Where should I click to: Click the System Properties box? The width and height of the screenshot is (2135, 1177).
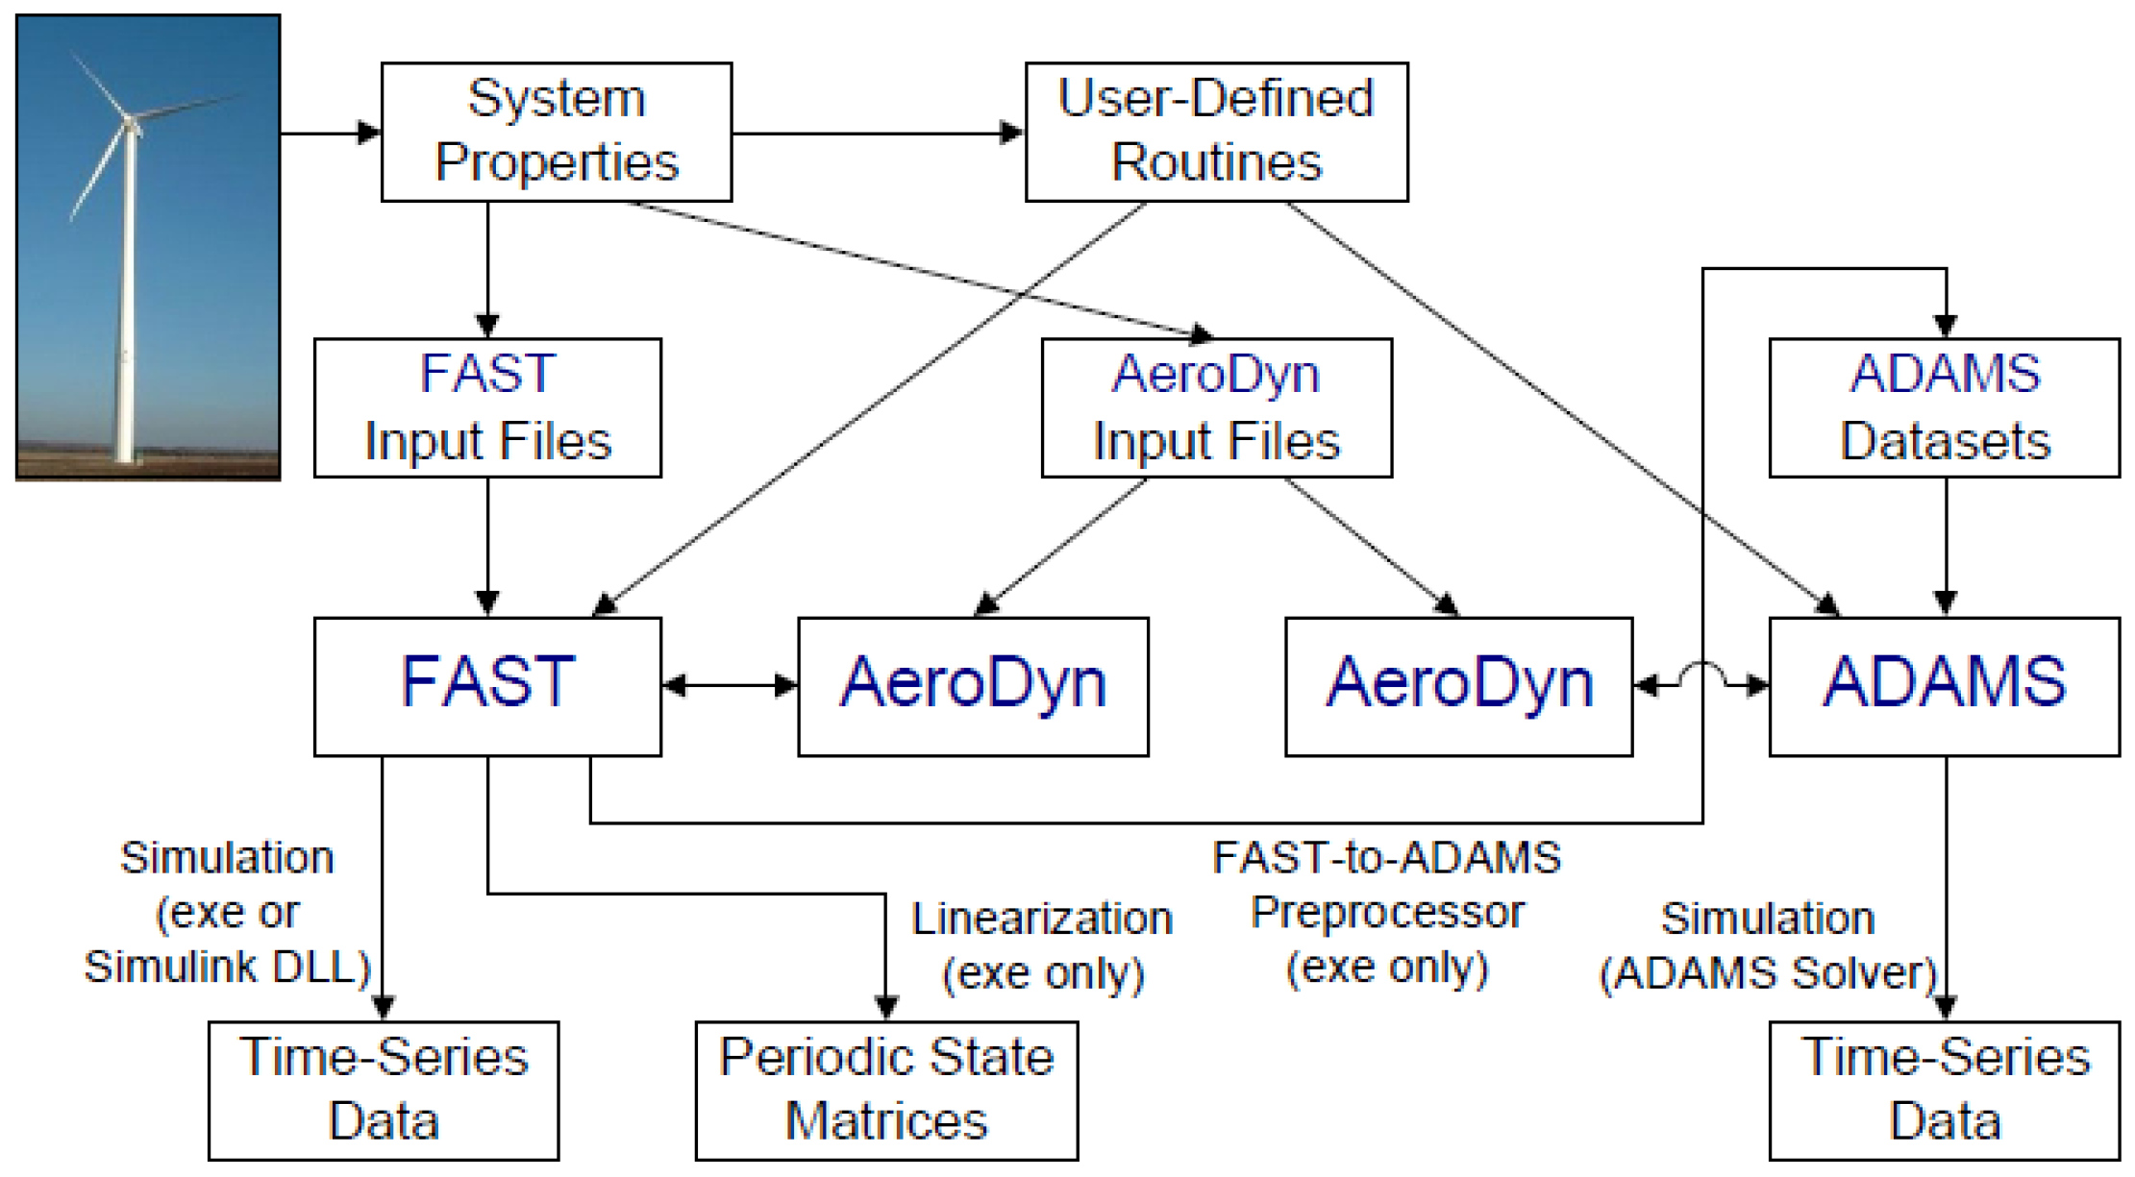[x=556, y=132]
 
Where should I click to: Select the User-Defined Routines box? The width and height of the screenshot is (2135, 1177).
[x=1216, y=132]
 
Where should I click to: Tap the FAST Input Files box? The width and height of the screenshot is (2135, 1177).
[x=487, y=407]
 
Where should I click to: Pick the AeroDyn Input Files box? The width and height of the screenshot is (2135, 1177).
[x=1216, y=407]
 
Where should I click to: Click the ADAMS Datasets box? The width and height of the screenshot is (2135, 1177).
[x=1944, y=407]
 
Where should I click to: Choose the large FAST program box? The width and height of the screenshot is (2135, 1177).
[x=487, y=686]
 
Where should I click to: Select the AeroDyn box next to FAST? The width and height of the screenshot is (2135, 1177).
[x=973, y=686]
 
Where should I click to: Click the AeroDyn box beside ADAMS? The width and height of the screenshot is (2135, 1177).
[x=1458, y=686]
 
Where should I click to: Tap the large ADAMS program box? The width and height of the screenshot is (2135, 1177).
[x=1944, y=686]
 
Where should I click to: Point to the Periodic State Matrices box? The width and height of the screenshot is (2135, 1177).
[x=886, y=1091]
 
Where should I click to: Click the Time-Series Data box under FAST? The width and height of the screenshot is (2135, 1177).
[x=384, y=1091]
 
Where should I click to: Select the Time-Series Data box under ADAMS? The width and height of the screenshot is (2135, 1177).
[x=1944, y=1091]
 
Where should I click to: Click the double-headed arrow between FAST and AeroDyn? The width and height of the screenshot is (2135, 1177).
[x=730, y=685]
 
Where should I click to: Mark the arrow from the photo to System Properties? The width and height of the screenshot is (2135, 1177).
[x=331, y=133]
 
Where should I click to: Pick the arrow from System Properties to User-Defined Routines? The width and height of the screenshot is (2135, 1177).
[x=878, y=133]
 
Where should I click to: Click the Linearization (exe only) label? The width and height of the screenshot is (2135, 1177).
[x=1043, y=945]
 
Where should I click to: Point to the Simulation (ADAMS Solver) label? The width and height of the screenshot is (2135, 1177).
[x=1767, y=945]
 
